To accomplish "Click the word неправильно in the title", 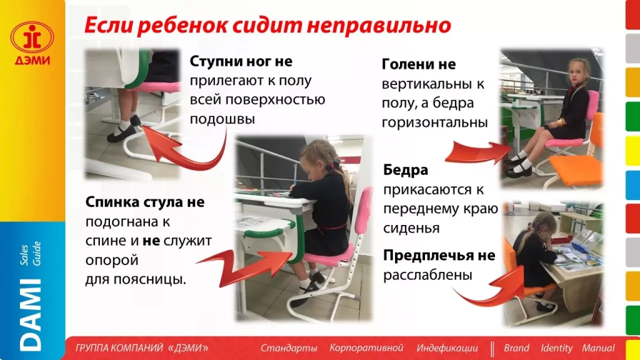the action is (x=379, y=25).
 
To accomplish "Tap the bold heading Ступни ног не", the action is (x=241, y=62).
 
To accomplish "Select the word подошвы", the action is (x=222, y=119).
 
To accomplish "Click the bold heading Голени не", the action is (x=419, y=64).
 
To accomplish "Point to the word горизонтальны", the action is (x=435, y=122).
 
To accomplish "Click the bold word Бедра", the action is (x=406, y=170).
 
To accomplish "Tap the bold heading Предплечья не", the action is (x=439, y=256).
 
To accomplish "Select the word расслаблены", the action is (x=427, y=275).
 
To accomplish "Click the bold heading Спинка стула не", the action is (x=145, y=202).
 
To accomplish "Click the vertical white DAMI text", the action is (x=31, y=314).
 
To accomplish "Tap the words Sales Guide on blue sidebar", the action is (x=31, y=254).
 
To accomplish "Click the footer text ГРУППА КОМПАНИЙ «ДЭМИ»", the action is (x=142, y=348).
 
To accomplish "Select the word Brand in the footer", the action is (x=516, y=348).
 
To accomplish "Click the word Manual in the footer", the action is (x=598, y=348).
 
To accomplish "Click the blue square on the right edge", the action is (x=632, y=185).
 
